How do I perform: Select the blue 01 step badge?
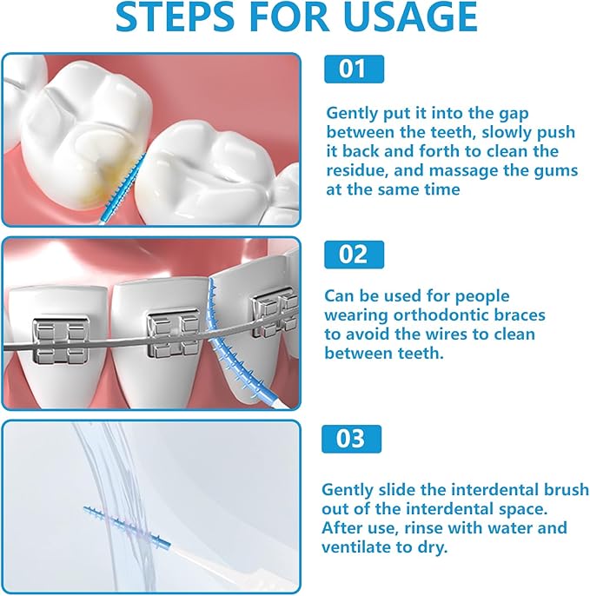click(354, 70)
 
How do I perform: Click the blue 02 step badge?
click(354, 255)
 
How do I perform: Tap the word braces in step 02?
click(515, 315)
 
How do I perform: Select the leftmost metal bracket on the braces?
click(53, 341)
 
